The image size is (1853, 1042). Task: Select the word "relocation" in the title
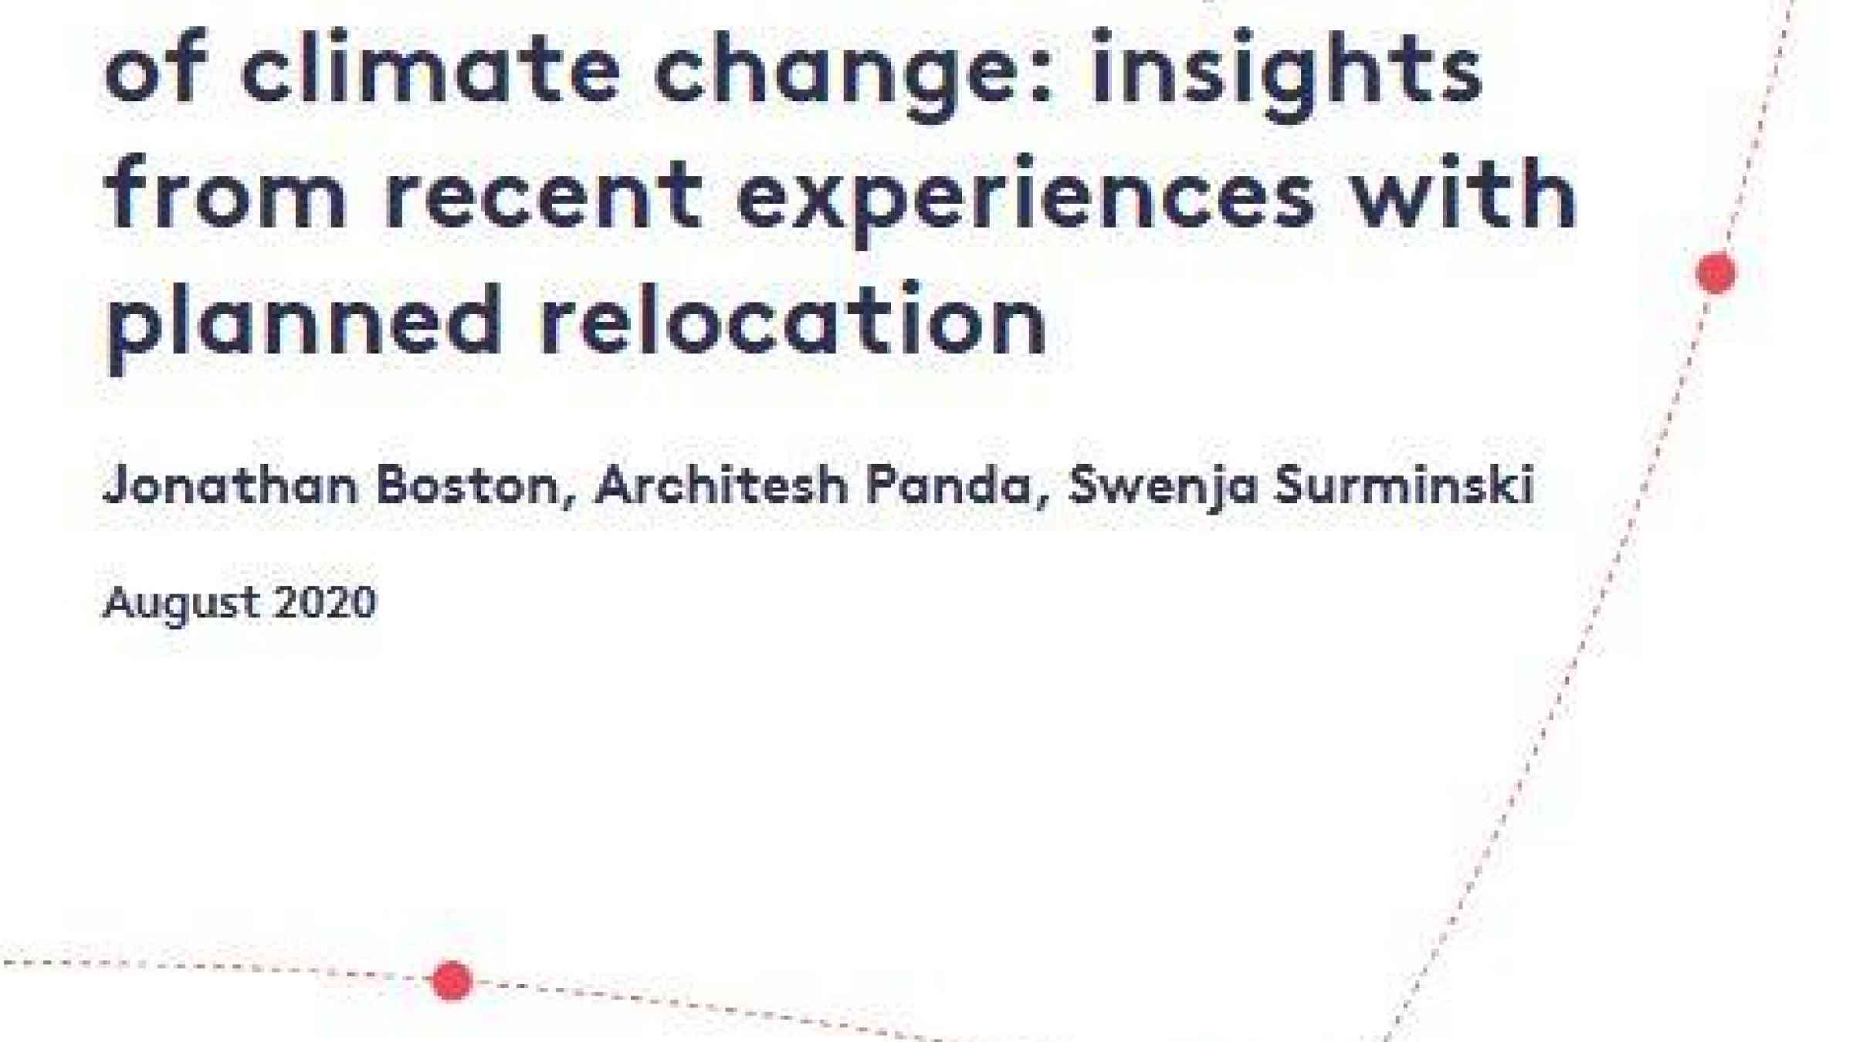[792, 316]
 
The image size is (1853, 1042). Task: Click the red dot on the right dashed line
[1716, 273]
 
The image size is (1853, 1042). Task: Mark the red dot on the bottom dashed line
[452, 981]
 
